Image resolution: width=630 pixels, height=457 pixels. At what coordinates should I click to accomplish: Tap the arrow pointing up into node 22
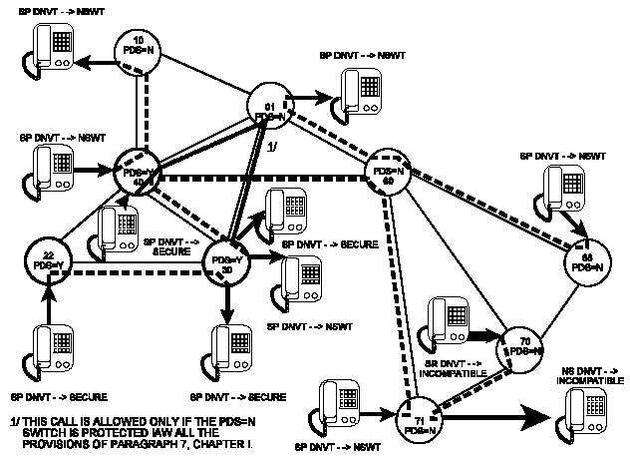49,299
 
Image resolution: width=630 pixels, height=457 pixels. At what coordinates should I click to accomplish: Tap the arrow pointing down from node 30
228,304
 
